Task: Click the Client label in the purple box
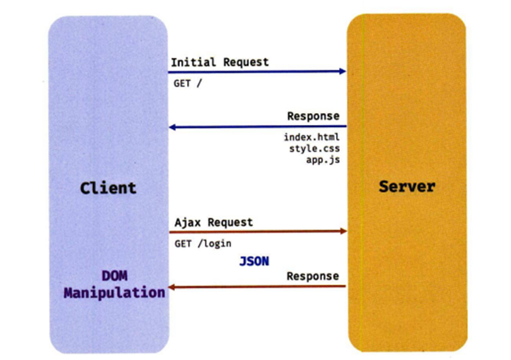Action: tap(108, 188)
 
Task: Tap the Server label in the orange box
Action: tap(407, 186)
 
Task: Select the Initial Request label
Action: tap(219, 62)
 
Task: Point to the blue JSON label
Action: tap(254, 260)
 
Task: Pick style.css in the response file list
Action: tap(314, 149)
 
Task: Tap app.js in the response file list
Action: tap(322, 160)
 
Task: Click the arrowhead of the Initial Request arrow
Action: tap(343, 71)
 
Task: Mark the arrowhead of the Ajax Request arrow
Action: tap(343, 232)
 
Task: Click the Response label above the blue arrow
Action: tap(313, 116)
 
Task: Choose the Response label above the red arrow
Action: tap(313, 277)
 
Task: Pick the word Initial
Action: tap(191, 62)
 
